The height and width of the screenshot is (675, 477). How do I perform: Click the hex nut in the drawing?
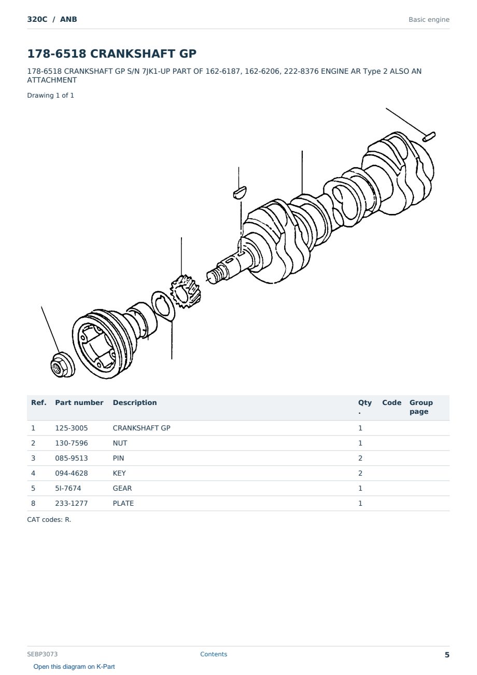63,365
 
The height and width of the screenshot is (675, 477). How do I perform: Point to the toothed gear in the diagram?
185,291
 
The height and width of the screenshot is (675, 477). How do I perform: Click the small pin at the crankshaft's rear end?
429,137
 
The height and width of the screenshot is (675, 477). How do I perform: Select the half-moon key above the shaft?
240,192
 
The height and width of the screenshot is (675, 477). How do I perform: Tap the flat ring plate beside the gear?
163,306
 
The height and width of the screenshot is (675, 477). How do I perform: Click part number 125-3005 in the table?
72,428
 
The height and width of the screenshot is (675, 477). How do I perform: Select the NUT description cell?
120,443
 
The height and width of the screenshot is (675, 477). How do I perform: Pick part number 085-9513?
72,458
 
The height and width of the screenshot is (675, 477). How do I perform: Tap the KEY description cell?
119,473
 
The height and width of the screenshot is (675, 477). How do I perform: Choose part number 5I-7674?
68,488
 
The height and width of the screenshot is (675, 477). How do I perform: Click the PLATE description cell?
123,503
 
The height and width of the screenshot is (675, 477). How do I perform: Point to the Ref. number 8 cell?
33,503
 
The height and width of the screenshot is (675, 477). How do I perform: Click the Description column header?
135,402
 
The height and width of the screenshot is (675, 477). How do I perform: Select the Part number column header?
79,402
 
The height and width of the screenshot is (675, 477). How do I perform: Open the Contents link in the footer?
214,654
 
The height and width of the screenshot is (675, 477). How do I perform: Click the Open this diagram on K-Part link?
74,667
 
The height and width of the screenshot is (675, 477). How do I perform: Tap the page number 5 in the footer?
447,655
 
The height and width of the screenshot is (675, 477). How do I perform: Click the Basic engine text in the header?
429,20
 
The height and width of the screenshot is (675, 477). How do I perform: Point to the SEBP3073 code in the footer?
42,654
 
